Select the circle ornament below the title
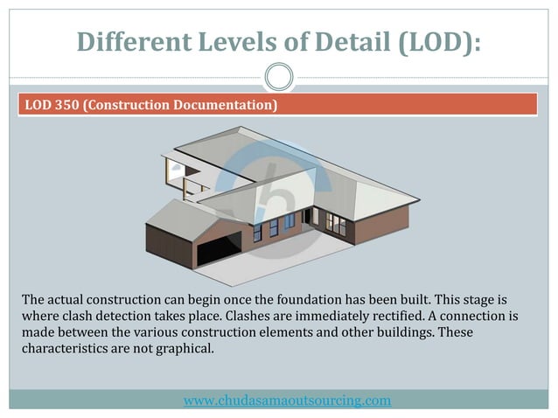point(278,77)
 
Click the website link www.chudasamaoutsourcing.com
point(287,401)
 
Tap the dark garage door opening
point(216,251)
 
